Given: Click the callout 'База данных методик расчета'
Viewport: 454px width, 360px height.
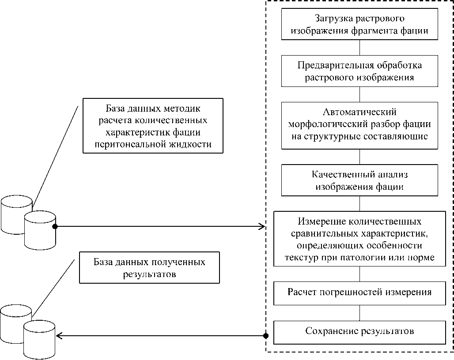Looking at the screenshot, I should pyautogui.click(x=153, y=126).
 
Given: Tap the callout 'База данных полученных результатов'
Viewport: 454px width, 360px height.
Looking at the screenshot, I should pyautogui.click(x=149, y=267).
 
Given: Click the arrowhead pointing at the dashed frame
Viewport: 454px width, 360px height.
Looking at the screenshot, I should pyautogui.click(x=262, y=227).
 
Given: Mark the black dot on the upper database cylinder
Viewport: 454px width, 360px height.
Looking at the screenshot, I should pyautogui.click(x=55, y=227).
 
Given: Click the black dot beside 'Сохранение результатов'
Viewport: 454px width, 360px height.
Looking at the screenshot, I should pyautogui.click(x=266, y=336).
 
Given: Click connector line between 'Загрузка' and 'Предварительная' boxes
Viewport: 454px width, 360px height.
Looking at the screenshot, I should pyautogui.click(x=359, y=48).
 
